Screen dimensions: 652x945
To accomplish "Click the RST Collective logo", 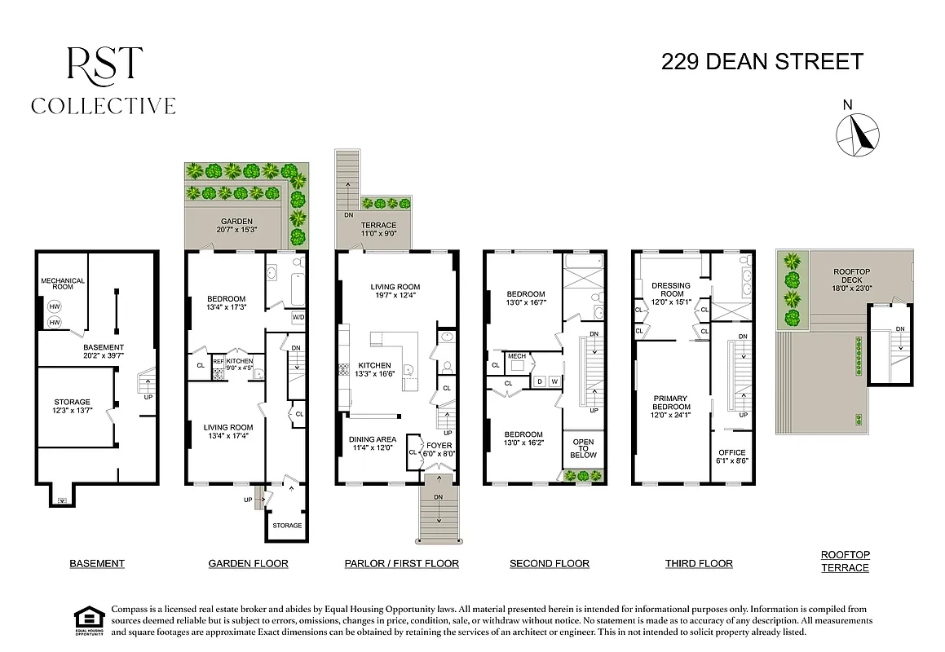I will (x=104, y=81).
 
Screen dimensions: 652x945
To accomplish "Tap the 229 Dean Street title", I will (x=762, y=62).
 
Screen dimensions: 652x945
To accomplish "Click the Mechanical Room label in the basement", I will (x=63, y=284).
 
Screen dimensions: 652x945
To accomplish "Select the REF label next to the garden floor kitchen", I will (x=218, y=361).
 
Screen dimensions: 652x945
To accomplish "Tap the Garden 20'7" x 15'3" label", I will (x=237, y=226).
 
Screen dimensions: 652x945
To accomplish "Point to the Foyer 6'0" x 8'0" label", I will (x=439, y=450).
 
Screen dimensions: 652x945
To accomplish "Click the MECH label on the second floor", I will (x=517, y=356).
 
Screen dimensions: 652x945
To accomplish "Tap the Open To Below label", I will (x=583, y=448).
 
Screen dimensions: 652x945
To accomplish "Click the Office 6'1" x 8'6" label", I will (x=731, y=456).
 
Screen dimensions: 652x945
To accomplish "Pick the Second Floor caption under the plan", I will (x=549, y=563).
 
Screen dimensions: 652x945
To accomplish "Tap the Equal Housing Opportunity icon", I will (x=85, y=619).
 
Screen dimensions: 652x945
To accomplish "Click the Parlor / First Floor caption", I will (x=401, y=563).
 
